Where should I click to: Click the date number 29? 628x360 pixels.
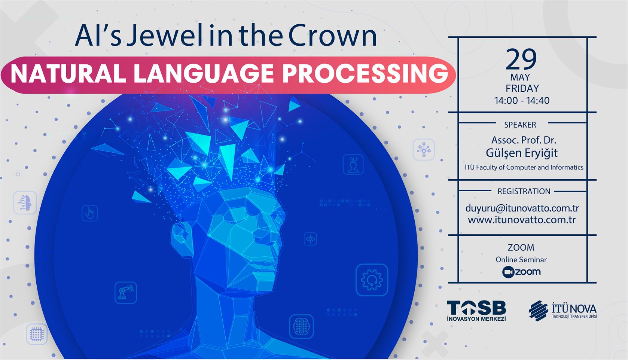coord(521,60)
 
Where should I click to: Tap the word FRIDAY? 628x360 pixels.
coord(522,88)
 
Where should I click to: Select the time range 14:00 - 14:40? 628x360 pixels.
coord(522,100)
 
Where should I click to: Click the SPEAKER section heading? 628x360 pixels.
coord(520,125)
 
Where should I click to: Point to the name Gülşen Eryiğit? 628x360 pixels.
coord(521,153)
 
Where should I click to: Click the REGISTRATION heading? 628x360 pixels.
coord(524,191)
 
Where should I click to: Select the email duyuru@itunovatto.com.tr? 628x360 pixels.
coord(522,208)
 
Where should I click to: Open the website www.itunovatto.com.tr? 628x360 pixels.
coord(522,220)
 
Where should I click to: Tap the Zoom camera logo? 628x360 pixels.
coord(508,272)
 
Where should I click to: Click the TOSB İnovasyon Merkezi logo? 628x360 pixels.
coord(476,311)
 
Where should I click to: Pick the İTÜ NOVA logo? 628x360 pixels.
coord(563,311)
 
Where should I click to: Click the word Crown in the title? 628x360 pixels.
coord(332,36)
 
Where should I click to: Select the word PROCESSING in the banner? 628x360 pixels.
coord(365,74)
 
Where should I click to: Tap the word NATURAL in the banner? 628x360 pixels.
coord(68,74)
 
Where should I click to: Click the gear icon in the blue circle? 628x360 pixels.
coord(372,280)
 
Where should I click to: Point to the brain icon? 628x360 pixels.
coord(301,326)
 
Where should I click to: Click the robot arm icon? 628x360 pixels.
coord(126,293)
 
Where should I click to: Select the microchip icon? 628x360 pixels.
coord(37,334)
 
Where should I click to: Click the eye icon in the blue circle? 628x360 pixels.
coord(310,239)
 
